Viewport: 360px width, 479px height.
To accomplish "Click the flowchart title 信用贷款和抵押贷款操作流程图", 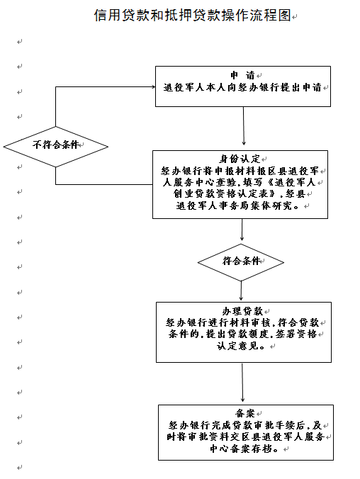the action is pos(192,15).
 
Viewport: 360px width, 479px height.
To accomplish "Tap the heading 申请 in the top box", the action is pos(242,75).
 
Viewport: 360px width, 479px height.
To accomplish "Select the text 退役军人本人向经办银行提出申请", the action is pos(242,87).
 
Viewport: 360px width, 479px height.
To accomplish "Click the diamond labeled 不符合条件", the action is pos(55,147).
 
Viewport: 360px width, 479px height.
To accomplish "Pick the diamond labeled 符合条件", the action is pos(241,262).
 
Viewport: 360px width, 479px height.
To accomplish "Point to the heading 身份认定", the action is pos(240,159).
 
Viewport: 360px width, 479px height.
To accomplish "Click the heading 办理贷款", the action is pos(242,311).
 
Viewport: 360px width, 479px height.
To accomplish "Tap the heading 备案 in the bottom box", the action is pos(245,413).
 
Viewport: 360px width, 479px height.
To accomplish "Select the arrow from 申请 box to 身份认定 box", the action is pos(244,125).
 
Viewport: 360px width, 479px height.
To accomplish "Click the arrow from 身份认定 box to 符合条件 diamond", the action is pos(242,230).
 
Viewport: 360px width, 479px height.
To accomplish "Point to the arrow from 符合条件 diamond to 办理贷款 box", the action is pos(241,291).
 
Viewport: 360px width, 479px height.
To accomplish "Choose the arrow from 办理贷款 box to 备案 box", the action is pos(242,383).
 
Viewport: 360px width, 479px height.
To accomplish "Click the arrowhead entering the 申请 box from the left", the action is pos(154,86).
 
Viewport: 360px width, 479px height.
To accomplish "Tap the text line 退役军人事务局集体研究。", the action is pos(237,205).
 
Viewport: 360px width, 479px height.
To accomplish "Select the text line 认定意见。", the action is pos(241,346).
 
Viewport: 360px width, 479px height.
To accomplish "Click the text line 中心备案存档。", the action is pos(244,449).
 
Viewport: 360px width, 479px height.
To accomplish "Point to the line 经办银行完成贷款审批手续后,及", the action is pos(245,425).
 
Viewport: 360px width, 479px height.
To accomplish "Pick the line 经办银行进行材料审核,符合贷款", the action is pos(242,322).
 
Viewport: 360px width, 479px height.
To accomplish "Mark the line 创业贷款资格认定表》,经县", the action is pos(240,193).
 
